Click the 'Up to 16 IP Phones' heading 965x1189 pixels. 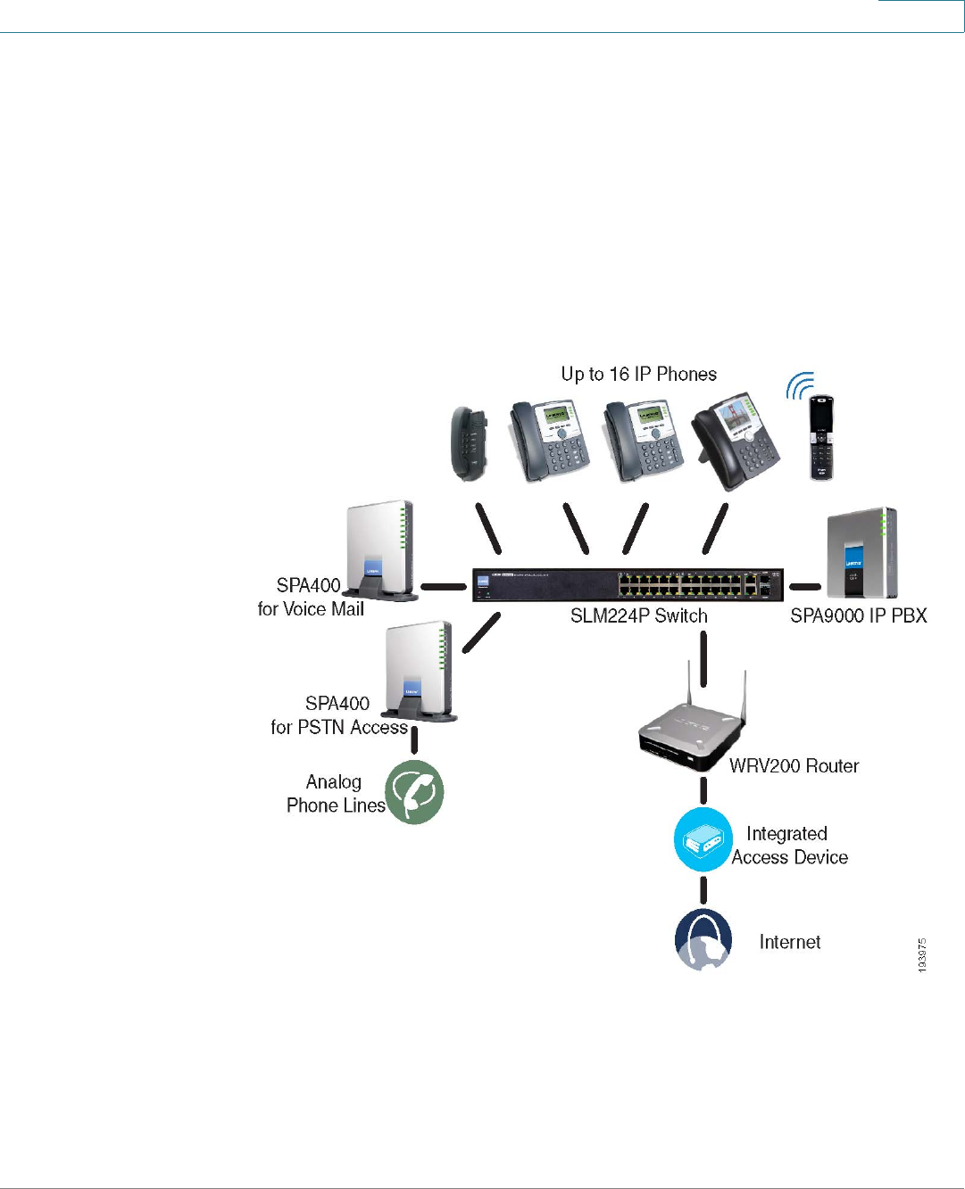638,375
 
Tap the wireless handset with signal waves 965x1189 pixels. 820,437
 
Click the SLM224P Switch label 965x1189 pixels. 638,616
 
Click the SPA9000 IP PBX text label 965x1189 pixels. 858,616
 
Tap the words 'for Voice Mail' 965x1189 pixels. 311,609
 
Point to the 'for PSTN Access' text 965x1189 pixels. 339,728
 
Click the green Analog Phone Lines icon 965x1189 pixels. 414,792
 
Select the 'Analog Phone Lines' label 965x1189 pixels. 335,794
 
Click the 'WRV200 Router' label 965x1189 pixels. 794,766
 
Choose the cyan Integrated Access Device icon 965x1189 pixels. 703,840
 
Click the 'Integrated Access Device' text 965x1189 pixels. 789,846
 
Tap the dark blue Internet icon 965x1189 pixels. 703,939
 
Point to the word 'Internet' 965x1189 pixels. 789,943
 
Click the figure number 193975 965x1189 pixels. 922,954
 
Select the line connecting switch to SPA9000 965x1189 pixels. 805,587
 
